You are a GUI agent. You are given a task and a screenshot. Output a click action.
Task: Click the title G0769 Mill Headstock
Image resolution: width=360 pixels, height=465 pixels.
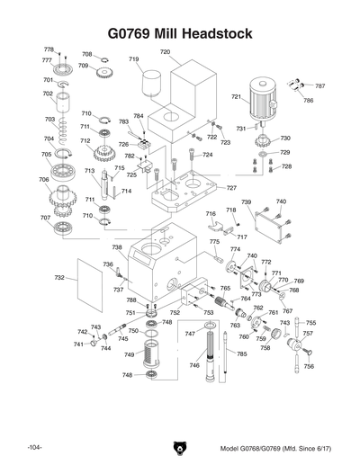click(x=179, y=33)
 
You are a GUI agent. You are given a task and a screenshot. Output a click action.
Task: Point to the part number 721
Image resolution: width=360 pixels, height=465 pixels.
click(x=237, y=97)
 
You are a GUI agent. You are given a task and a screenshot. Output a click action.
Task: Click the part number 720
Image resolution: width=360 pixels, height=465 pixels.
click(x=166, y=52)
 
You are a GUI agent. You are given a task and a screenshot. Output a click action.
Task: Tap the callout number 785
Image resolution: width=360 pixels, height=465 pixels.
click(x=241, y=354)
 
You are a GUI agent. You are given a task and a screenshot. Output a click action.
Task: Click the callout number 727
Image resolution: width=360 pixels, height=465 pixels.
click(x=231, y=187)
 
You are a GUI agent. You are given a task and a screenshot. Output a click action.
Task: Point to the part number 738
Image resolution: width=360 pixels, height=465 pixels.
click(x=117, y=247)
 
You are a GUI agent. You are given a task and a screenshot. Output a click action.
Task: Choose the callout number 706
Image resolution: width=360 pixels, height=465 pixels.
click(x=44, y=180)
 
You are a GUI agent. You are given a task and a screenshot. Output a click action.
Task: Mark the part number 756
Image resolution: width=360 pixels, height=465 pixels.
click(x=309, y=367)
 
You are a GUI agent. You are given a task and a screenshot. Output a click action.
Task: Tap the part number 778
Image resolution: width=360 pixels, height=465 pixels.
click(x=49, y=49)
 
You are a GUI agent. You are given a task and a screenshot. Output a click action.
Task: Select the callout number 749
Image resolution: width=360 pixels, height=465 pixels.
click(x=128, y=355)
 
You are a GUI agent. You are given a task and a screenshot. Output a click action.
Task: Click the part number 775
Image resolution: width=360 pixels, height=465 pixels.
click(x=214, y=242)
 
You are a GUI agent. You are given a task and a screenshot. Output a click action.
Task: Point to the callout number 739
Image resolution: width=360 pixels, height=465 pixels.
click(x=246, y=203)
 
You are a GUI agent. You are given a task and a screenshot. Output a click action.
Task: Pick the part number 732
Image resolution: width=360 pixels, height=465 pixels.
click(x=59, y=279)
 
